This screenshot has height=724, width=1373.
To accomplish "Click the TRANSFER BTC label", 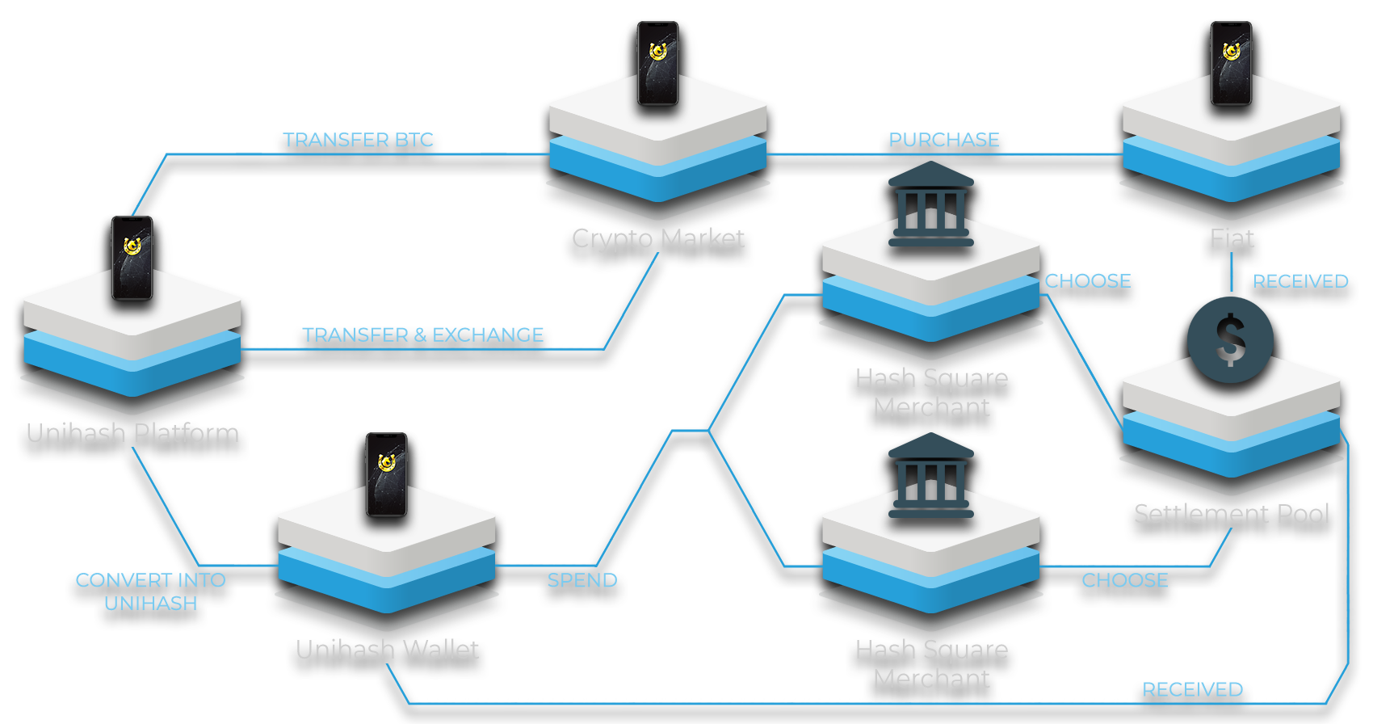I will [359, 141].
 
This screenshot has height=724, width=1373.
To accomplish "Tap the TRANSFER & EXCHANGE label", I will [422, 335].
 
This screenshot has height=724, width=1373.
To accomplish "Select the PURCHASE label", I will [944, 141].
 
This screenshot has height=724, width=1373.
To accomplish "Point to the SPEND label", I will [582, 580].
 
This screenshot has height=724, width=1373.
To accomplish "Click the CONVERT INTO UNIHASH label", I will [151, 591].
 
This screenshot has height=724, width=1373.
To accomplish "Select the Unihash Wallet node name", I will [388, 650].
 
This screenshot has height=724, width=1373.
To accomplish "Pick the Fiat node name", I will [1232, 239].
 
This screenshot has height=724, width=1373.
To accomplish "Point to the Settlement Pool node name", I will [1232, 514].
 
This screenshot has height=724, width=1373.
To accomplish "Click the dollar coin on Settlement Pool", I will [1230, 339].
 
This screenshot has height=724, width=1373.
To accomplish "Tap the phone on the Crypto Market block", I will [657, 64].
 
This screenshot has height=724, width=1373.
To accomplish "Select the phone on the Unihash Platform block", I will [132, 258].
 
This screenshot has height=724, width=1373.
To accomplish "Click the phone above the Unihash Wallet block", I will [386, 474].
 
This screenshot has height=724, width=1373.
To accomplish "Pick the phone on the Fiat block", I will [1231, 64].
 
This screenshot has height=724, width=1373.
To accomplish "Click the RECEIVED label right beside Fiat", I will [1300, 281].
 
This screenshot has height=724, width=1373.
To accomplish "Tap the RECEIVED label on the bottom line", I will [1192, 689].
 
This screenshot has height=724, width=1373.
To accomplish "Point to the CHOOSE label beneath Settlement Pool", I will [1124, 580].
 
